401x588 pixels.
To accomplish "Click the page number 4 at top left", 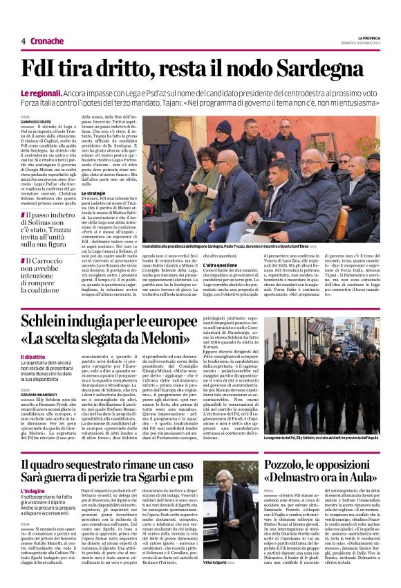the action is pos(24,42).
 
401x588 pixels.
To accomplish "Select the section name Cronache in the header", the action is pos(47,42).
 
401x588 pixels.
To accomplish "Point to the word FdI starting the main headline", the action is pos(43,69).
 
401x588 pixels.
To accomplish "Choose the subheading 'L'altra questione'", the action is pos(222,265).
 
